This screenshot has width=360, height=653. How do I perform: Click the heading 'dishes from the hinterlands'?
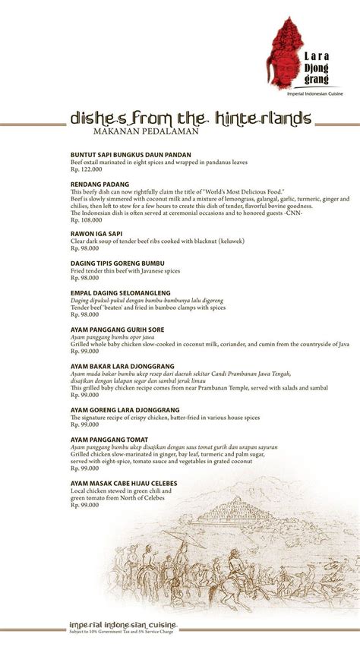point(190,118)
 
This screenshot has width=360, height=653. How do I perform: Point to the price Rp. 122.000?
point(85,170)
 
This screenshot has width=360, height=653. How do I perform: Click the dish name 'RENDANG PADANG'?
point(99,185)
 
